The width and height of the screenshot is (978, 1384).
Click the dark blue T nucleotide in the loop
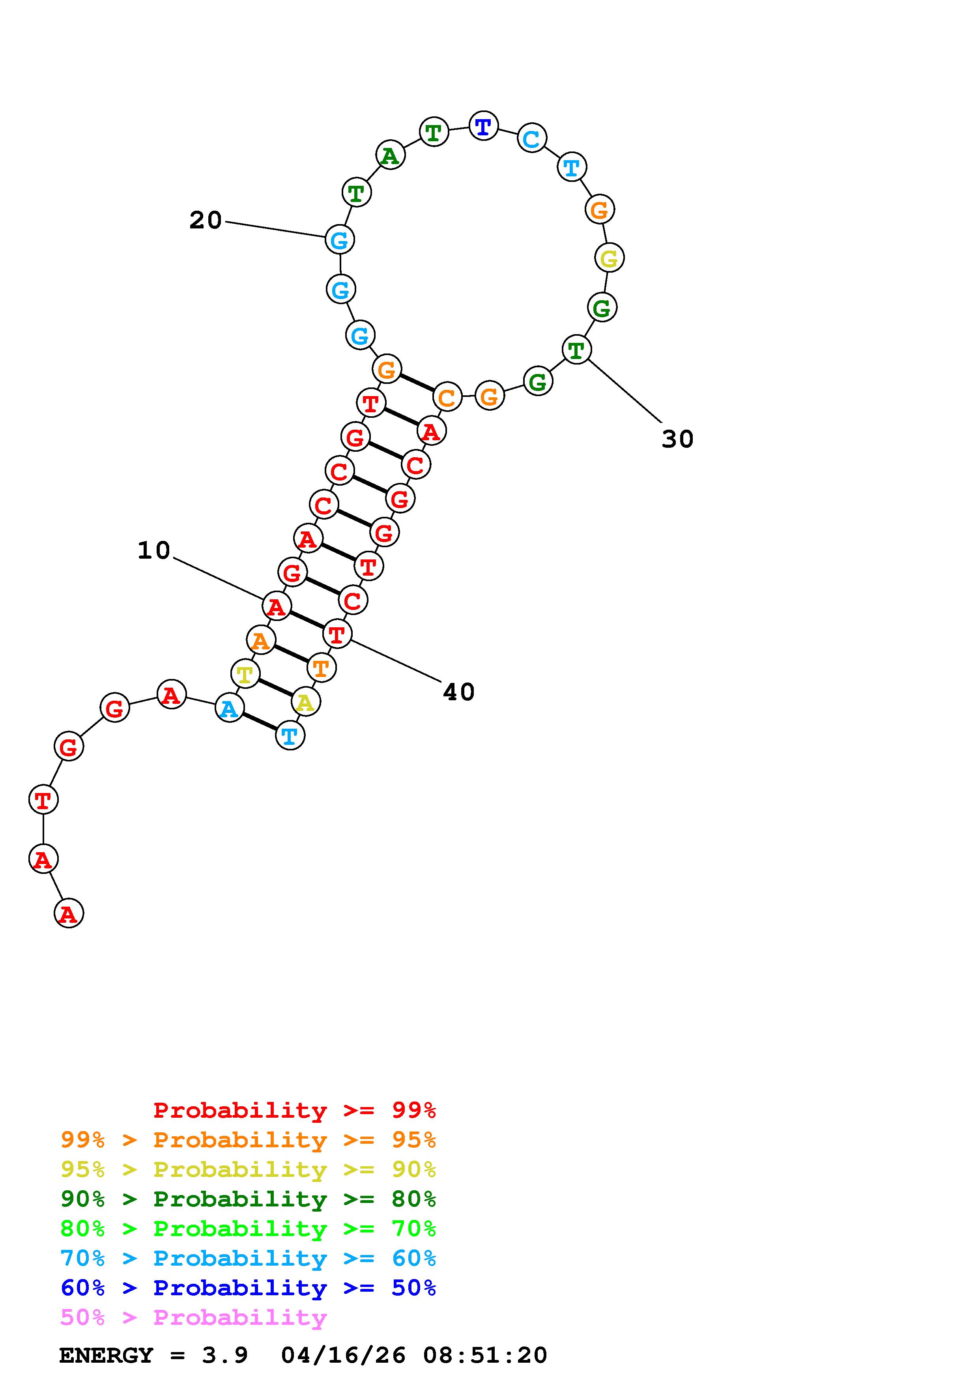483,126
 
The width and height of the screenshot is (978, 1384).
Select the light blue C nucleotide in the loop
531,138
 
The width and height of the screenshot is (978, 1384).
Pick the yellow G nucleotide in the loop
609,258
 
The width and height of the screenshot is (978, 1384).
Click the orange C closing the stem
447,396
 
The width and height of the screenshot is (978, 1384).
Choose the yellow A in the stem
305,701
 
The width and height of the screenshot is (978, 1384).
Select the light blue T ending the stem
290,735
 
